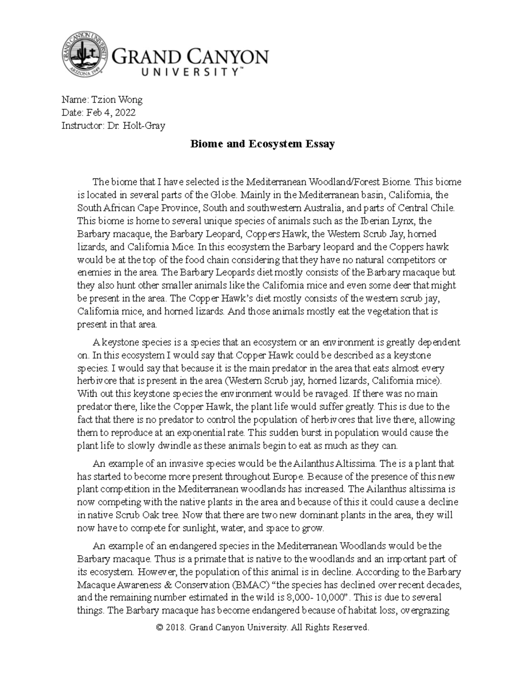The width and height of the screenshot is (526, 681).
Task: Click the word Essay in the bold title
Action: pos(320,144)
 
